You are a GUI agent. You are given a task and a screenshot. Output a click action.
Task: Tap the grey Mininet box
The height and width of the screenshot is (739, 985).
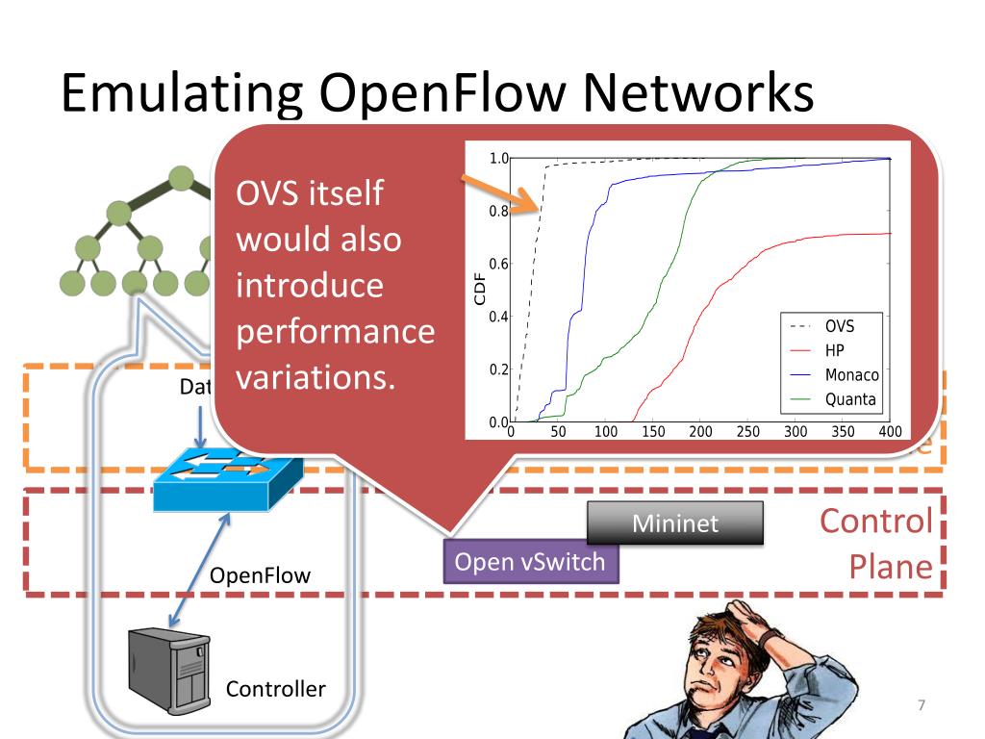pos(675,523)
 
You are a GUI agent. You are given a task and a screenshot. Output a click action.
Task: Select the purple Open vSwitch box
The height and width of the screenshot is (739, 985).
pos(530,562)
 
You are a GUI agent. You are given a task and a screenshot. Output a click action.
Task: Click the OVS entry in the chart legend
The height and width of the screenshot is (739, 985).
pos(839,326)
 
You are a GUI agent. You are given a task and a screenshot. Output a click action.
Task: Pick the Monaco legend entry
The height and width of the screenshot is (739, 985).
pos(851,375)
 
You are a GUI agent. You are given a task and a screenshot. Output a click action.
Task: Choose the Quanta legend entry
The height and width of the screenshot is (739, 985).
pos(850,399)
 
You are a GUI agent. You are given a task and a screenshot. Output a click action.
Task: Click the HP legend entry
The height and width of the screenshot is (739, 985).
pos(835,351)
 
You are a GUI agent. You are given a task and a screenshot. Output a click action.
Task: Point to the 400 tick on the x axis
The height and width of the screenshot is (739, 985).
pos(890,432)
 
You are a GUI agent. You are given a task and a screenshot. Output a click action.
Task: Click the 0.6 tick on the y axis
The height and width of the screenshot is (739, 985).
pos(497,264)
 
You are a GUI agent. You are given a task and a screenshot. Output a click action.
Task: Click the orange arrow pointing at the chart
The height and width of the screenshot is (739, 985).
pos(497,192)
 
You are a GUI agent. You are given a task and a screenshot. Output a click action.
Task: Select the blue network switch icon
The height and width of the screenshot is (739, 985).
pos(229,475)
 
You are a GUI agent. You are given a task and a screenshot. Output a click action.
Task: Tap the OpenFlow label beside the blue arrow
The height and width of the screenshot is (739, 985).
pos(260,575)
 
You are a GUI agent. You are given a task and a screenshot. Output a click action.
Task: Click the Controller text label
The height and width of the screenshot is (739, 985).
pos(275,689)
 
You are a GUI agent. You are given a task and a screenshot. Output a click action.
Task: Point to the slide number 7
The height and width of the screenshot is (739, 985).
pos(921,706)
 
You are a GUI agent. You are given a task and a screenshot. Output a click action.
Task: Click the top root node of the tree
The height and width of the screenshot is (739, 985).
pos(180,178)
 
